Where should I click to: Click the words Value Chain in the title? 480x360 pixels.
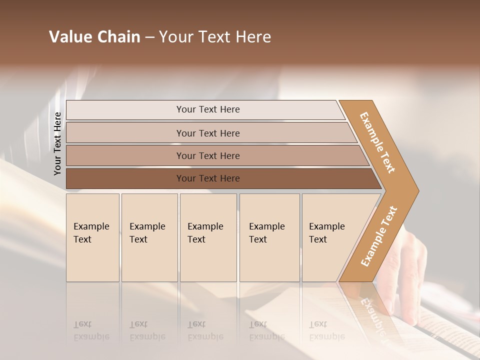[x=94, y=37]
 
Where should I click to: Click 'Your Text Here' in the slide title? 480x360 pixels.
[x=215, y=37]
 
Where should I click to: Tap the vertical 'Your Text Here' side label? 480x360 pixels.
[x=57, y=143]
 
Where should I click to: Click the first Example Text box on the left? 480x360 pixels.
[x=92, y=237]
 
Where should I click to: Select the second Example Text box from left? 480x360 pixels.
[x=149, y=237]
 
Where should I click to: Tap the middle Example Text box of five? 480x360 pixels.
[x=208, y=237]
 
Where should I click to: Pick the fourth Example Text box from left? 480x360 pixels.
[x=269, y=237]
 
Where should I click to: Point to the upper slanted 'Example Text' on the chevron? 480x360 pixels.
[x=377, y=142]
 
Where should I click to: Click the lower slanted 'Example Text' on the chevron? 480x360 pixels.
[x=379, y=236]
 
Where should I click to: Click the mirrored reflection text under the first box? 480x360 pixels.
[x=91, y=330]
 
